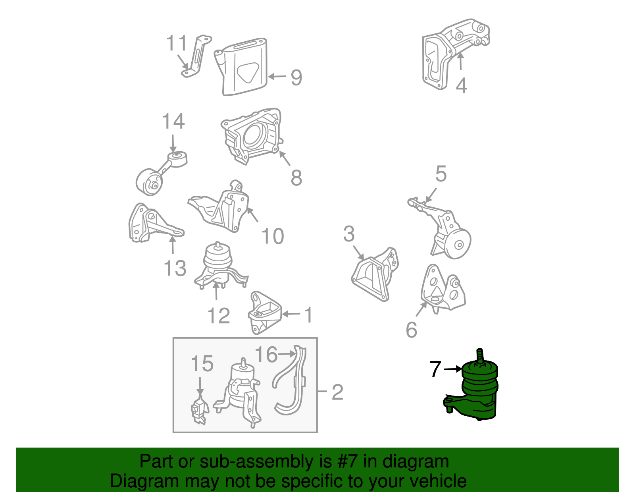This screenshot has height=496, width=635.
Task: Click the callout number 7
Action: pos(435,369)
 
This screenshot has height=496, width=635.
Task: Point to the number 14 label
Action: pos(173,122)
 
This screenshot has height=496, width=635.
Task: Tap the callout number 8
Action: pos(296,178)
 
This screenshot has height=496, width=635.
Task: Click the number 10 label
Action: pos(273,236)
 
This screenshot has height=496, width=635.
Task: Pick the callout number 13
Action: pos(175,268)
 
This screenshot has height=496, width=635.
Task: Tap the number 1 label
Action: pos(308,315)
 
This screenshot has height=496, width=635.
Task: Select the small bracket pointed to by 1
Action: pos(264,313)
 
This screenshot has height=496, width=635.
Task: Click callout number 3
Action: pos(349,234)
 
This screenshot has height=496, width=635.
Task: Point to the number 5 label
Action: pos(441,174)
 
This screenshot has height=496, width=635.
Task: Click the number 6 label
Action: pos(412,330)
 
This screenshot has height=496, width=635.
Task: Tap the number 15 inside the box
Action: pos(202,364)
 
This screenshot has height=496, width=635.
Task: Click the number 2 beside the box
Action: pos(337,392)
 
